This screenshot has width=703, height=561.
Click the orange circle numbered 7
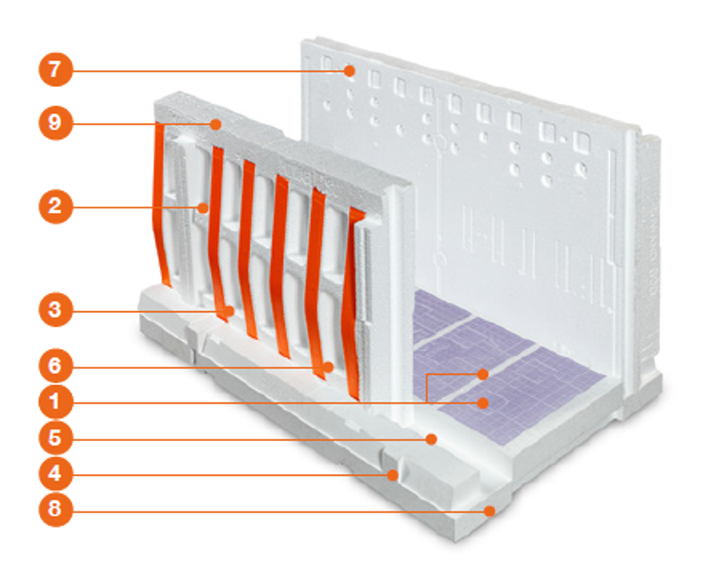tap(55, 70)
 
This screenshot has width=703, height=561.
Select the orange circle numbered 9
tap(55, 122)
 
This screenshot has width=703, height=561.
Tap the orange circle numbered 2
tap(55, 206)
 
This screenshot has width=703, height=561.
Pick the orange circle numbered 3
tap(55, 309)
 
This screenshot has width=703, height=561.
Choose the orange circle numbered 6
tap(55, 367)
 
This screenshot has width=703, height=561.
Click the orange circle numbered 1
tap(55, 401)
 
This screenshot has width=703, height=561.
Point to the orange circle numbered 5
tap(55, 438)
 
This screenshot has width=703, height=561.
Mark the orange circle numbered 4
tap(55, 473)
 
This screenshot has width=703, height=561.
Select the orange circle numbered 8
tap(55, 510)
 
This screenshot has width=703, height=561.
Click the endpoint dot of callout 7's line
tap(350, 70)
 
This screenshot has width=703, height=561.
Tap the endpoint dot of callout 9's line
tap(216, 124)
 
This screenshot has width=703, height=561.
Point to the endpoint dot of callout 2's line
tap(204, 208)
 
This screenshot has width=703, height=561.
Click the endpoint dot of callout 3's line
tap(230, 311)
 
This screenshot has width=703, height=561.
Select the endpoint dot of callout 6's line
tap(329, 367)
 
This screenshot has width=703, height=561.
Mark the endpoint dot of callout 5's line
tap(431, 439)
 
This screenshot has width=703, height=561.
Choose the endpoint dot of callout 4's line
tap(393, 475)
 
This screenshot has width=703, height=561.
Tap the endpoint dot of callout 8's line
tap(491, 511)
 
